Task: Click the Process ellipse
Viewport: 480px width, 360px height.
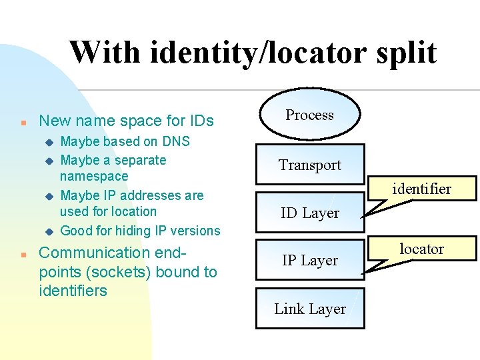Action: click(x=309, y=115)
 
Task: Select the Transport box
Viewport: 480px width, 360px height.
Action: click(x=310, y=165)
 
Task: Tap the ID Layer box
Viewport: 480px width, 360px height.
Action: click(x=310, y=213)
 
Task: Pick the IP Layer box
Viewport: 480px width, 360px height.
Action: click(x=310, y=261)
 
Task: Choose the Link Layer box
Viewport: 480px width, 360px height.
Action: click(x=310, y=309)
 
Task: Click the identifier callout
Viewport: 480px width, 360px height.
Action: click(x=421, y=189)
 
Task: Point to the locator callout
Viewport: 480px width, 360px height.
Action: click(x=421, y=249)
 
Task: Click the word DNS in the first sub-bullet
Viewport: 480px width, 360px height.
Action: click(x=175, y=141)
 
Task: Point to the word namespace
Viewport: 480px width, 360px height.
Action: click(x=94, y=177)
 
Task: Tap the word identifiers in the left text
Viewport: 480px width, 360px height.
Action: click(x=73, y=291)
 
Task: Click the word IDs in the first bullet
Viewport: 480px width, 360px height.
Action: click(x=199, y=121)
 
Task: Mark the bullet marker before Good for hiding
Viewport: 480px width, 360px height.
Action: click(x=47, y=231)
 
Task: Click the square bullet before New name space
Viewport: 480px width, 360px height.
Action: click(x=23, y=123)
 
